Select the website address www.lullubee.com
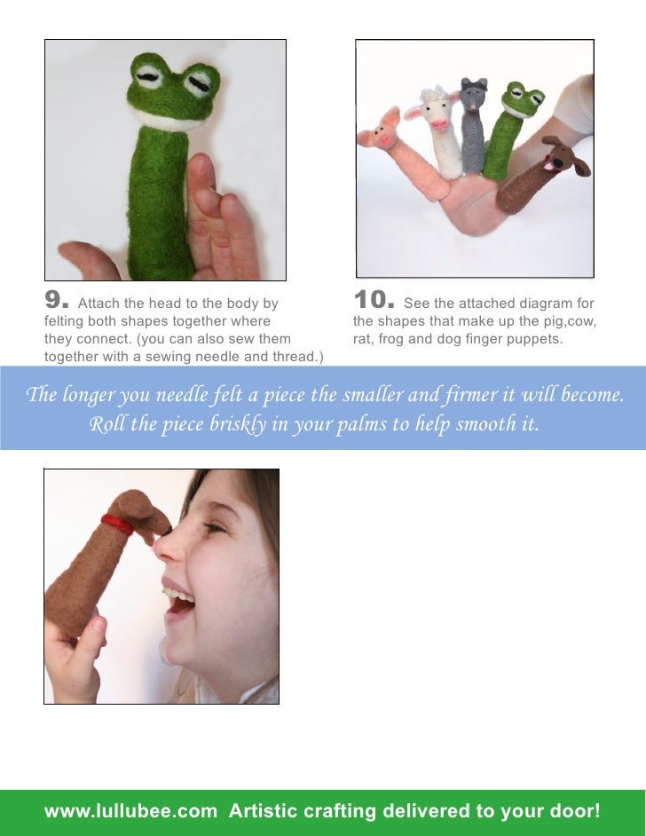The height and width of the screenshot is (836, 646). click(x=130, y=811)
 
